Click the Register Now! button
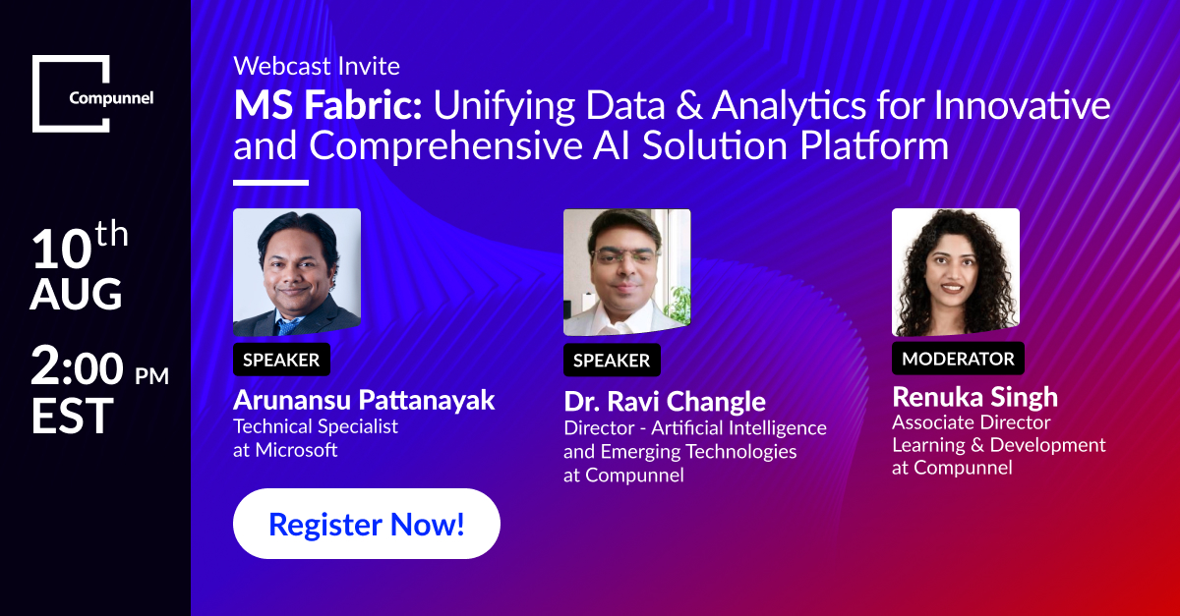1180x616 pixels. click(x=367, y=524)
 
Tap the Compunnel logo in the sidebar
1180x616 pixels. click(x=92, y=93)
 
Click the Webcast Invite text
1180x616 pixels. click(x=317, y=67)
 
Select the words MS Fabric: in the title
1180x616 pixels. click(x=327, y=105)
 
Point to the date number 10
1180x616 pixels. click(x=61, y=249)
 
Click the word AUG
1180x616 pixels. click(x=76, y=294)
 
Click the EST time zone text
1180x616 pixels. click(x=72, y=416)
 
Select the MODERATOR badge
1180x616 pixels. click(x=958, y=359)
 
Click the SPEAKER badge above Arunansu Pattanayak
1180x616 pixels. click(x=281, y=360)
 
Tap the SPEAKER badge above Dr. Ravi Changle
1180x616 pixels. click(x=612, y=361)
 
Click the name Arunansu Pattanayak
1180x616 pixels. click(x=364, y=400)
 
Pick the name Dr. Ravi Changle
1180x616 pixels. click(x=665, y=402)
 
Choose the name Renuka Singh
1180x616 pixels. click(x=974, y=397)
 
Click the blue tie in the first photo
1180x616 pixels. click(x=288, y=327)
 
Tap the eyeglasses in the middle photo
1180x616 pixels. click(x=625, y=257)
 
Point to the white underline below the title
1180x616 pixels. click(x=270, y=183)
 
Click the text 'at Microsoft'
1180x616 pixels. click(x=285, y=450)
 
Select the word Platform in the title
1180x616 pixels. click(x=874, y=145)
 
